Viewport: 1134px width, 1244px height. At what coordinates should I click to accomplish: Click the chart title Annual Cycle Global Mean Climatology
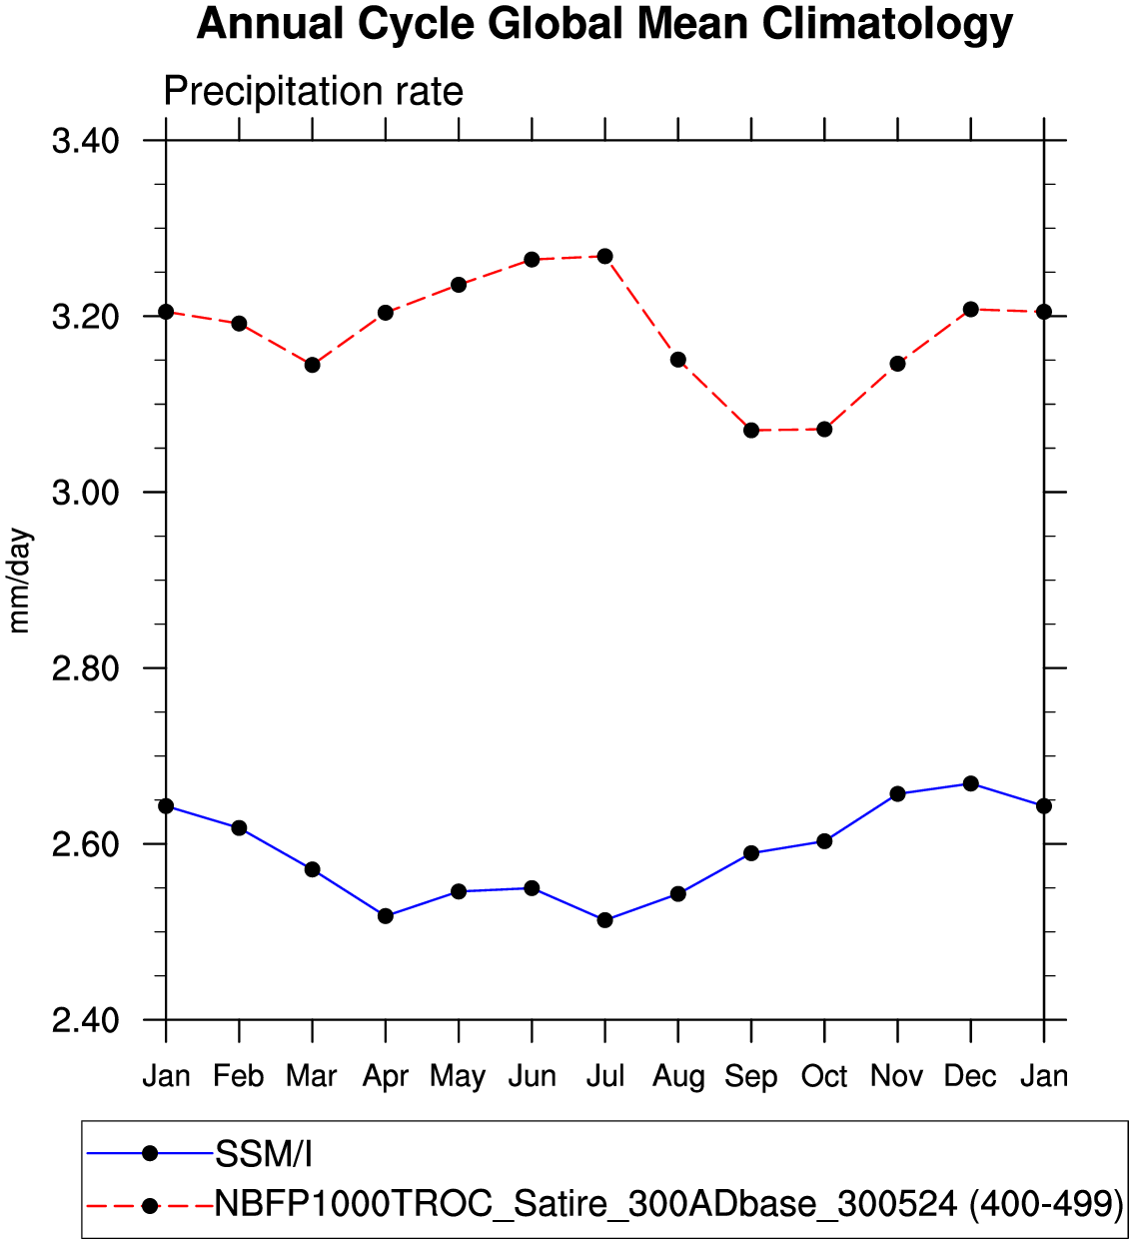pos(604,24)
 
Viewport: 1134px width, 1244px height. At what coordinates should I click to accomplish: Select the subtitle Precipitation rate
pos(313,92)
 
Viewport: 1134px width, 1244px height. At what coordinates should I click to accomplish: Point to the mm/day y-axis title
pos(20,581)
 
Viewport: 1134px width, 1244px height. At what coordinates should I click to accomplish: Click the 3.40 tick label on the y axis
pos(85,141)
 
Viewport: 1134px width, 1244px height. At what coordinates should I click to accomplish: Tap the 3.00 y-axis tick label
pos(85,493)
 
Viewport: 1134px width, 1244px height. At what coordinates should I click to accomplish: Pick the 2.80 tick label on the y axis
pos(85,668)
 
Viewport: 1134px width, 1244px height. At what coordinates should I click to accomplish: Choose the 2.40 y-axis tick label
pos(85,1020)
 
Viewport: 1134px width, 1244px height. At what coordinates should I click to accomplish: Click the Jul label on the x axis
pos(604,1076)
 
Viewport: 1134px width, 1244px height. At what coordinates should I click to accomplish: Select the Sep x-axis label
pos(751,1076)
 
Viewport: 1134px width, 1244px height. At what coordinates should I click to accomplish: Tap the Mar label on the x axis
pos(312,1076)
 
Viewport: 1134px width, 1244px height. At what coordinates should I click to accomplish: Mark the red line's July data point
pos(604,257)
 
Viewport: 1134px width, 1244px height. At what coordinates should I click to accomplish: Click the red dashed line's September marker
pos(751,430)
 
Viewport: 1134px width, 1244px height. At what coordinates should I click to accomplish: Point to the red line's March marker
pos(312,365)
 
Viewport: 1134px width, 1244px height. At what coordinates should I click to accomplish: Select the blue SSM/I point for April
pos(386,915)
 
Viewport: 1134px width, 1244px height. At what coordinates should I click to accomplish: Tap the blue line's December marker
pos(970,783)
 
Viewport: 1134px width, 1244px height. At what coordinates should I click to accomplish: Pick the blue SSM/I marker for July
pos(604,919)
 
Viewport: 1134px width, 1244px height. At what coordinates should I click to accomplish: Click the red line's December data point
pos(970,309)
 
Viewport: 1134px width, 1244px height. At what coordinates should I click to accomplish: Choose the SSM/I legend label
pos(264,1155)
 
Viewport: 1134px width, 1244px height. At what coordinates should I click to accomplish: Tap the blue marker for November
pos(897,793)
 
